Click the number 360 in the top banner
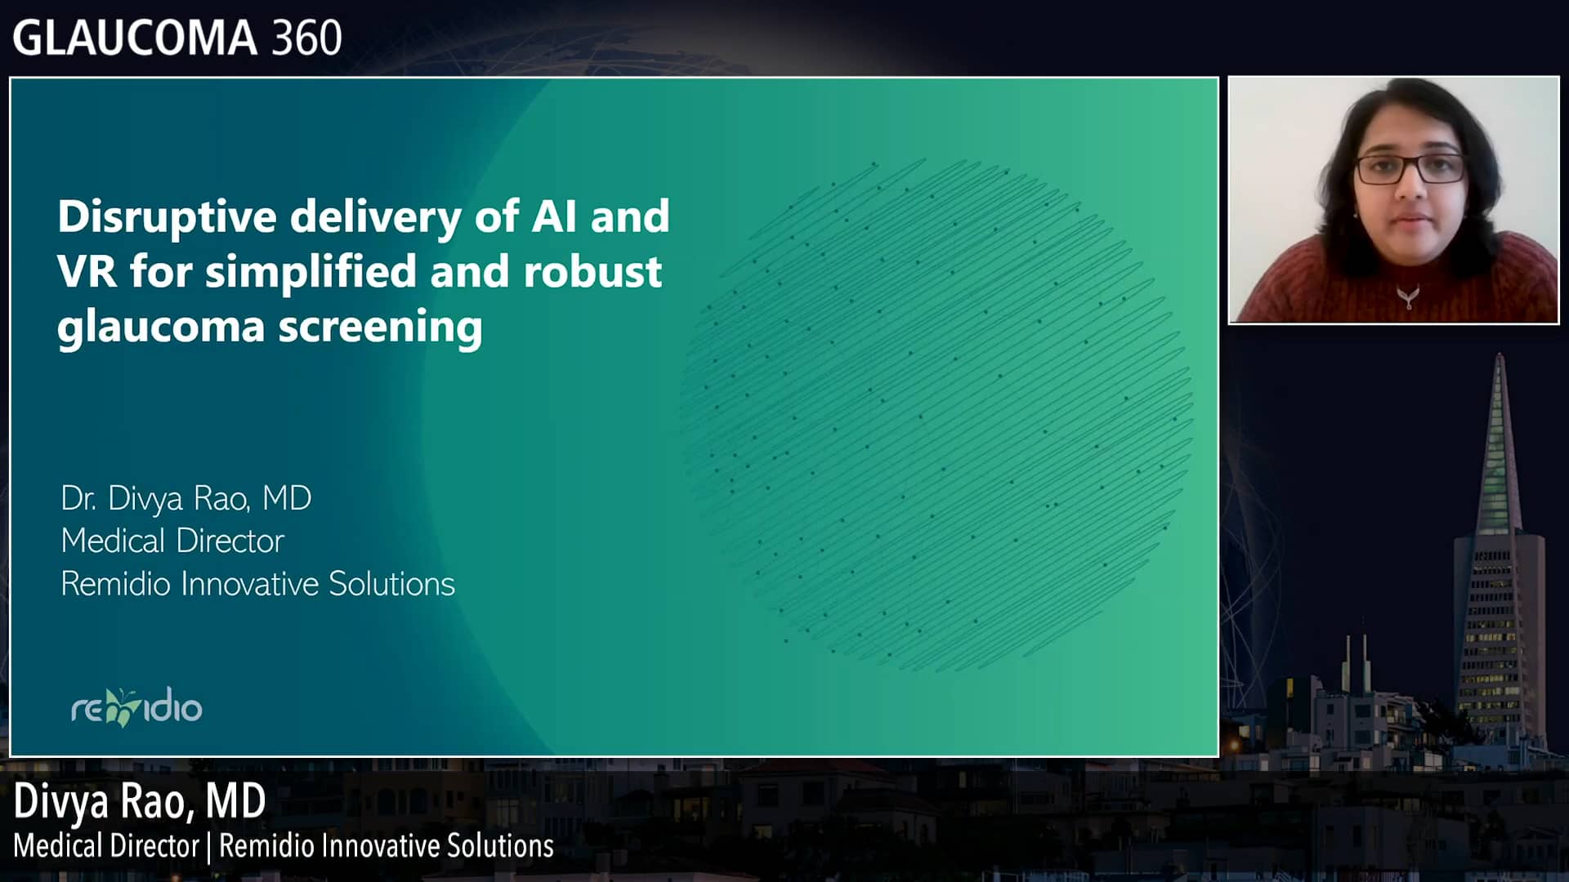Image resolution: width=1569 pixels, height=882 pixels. coord(306,38)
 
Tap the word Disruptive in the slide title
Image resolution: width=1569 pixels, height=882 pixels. coord(168,217)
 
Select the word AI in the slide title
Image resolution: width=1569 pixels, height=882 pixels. coord(555,216)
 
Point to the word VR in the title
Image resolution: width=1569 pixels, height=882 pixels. coord(87,271)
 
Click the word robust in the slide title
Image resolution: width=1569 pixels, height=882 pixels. coord(592,271)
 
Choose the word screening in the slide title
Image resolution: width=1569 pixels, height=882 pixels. coord(380,327)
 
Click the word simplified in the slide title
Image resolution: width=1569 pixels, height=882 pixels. coord(311,271)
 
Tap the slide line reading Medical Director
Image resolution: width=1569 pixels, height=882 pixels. coord(172,541)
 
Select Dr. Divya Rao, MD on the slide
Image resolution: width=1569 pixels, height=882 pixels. coord(186,498)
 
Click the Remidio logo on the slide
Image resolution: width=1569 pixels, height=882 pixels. coord(136,707)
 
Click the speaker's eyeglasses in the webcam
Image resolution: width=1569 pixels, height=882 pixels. coord(1410,169)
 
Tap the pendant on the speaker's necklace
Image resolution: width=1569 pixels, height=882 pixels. coord(1408,296)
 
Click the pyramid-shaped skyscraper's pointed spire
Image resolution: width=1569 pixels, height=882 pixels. coord(1500,367)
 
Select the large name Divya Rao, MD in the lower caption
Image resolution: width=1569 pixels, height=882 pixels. coord(140,801)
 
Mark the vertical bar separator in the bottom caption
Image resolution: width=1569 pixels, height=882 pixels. coord(209,847)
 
